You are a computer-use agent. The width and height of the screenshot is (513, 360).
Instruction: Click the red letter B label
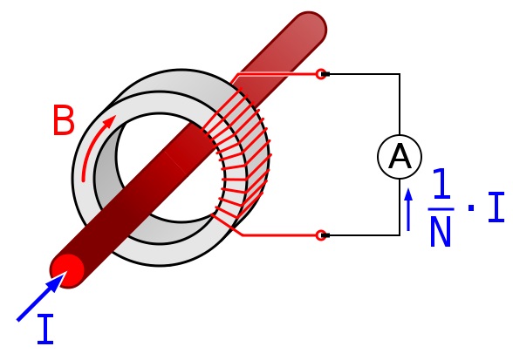(x=64, y=120)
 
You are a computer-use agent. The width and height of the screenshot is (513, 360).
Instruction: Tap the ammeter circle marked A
(x=400, y=157)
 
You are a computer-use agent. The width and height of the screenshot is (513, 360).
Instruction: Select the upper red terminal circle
(x=321, y=74)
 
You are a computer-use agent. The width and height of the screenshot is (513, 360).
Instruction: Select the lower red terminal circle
(x=321, y=235)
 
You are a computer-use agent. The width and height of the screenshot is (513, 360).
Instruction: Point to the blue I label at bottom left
(x=45, y=329)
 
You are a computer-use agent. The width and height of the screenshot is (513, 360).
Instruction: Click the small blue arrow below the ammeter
(x=408, y=209)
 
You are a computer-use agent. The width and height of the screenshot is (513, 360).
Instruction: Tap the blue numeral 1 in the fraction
(x=441, y=183)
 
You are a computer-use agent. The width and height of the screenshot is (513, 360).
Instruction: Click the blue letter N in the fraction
(x=441, y=231)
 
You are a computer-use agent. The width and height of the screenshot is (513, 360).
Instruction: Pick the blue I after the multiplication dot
(x=496, y=207)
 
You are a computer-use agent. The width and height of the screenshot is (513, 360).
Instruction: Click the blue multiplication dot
(x=471, y=207)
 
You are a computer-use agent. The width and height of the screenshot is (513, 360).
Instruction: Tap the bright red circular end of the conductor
(x=67, y=270)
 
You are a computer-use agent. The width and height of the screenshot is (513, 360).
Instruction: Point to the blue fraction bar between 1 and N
(x=441, y=209)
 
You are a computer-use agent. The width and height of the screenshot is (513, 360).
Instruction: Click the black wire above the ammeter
(x=400, y=105)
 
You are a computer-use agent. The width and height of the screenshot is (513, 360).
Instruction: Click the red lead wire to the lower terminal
(x=278, y=234)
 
